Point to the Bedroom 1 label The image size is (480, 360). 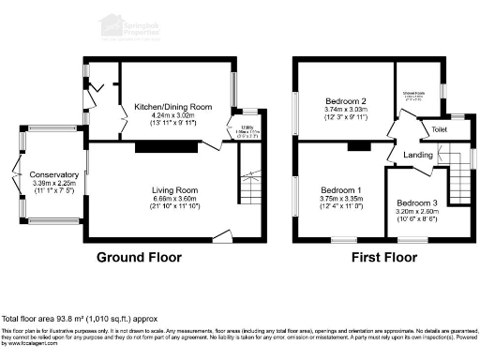[342, 191]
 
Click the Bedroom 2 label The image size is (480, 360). [344, 100]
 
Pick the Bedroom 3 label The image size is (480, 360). [416, 203]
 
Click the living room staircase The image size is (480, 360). [249, 188]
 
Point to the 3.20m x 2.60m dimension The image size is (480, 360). [416, 212]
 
